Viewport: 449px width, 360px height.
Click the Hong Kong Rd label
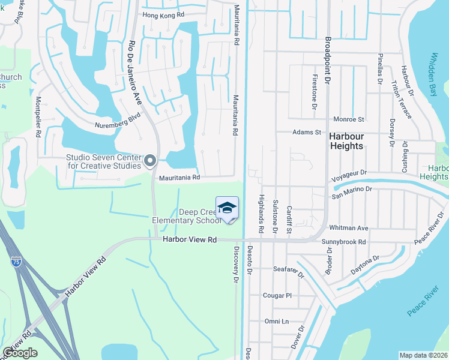pyautogui.click(x=163, y=15)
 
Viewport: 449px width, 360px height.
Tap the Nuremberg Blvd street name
pyautogui.click(x=118, y=121)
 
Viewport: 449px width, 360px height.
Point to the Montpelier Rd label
pyautogui.click(x=38, y=117)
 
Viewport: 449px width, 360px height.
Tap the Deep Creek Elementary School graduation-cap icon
pyautogui.click(x=227, y=208)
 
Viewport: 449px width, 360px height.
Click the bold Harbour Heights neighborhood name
pyautogui.click(x=346, y=141)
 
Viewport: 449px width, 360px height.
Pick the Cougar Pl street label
pyautogui.click(x=277, y=295)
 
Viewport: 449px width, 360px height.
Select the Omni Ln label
pyautogui.click(x=277, y=321)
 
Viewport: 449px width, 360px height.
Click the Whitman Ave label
pyautogui.click(x=353, y=228)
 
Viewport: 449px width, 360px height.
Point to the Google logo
pyautogui.click(x=20, y=352)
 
